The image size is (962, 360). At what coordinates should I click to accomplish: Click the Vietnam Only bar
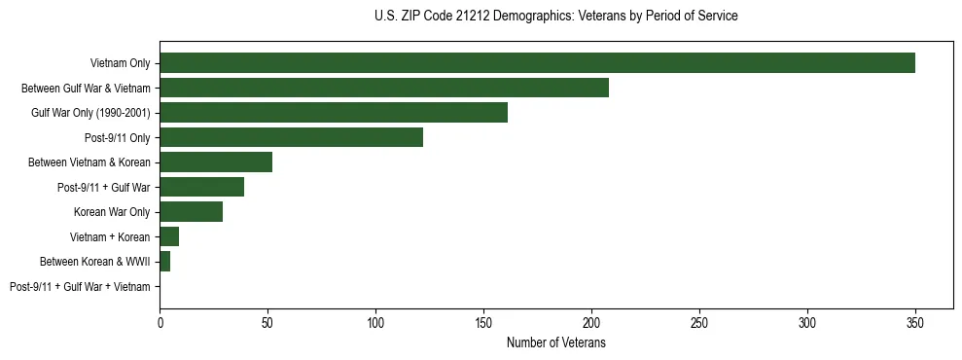(537, 63)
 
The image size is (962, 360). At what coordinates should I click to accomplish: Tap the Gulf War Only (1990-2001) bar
(334, 113)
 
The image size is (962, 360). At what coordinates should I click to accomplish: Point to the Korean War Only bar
(191, 212)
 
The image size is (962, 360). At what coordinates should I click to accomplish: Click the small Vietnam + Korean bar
(169, 236)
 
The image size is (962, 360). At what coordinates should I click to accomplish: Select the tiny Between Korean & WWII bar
(165, 262)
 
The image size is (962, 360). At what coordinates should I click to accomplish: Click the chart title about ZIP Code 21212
(555, 16)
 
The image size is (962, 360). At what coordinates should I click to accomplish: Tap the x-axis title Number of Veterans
(555, 342)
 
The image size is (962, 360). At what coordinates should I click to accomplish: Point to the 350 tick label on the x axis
(915, 322)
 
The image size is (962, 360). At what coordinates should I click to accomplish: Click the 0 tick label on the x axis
(160, 322)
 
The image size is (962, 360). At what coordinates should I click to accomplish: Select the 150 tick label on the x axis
(483, 322)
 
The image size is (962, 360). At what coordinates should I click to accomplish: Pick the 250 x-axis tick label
(699, 322)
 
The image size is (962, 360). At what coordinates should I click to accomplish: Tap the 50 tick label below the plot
(267, 322)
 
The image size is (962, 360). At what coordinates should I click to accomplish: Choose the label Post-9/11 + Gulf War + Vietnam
(80, 287)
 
